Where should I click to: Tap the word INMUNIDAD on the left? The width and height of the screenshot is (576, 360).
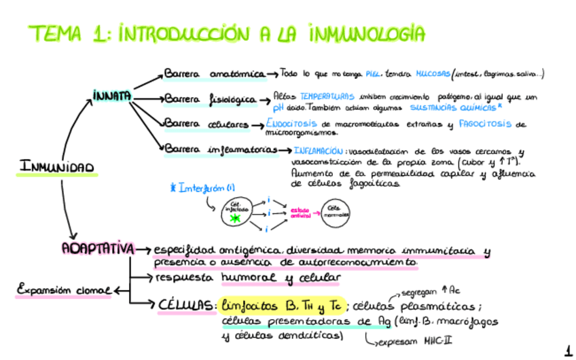point(57,166)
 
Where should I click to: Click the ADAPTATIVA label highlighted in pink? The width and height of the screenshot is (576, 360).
point(96,249)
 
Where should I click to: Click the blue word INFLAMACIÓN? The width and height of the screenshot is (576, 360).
point(319,150)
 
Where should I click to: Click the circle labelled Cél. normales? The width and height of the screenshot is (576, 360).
point(335,211)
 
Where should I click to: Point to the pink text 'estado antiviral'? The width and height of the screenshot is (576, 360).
point(300,212)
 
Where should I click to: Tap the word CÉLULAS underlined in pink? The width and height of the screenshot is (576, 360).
point(187,305)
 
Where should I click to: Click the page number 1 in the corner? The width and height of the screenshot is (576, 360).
point(567,350)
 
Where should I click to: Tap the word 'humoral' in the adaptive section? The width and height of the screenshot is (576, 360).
point(249,278)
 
